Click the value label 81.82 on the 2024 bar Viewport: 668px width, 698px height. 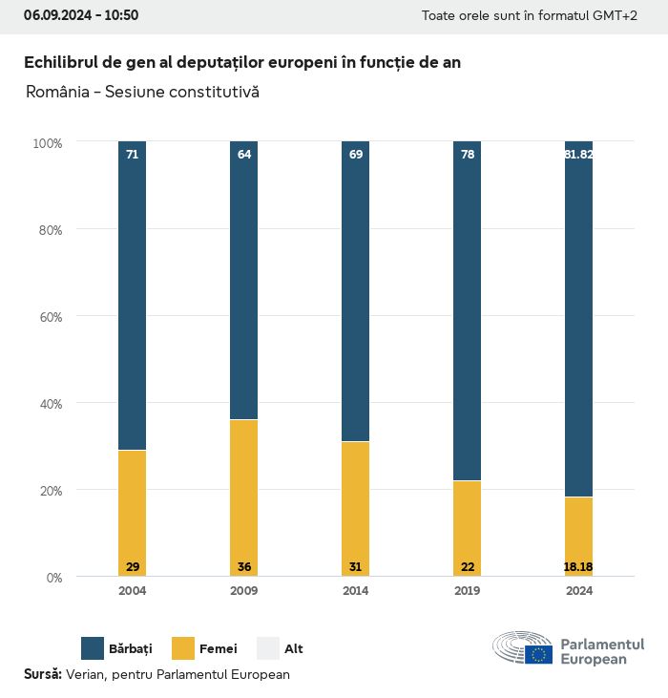578,154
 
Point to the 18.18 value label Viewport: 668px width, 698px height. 578,567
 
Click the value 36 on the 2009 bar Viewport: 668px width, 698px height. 243,567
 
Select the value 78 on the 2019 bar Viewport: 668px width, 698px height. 467,154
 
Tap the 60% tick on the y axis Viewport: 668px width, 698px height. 48,316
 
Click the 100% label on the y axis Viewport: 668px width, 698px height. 47,143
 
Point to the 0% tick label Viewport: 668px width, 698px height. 53,578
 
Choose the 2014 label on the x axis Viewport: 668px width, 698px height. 355,591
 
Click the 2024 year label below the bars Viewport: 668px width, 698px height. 578,591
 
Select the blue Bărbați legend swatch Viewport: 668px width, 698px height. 93,648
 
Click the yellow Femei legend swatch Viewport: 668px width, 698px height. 183,648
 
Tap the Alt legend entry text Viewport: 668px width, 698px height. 294,649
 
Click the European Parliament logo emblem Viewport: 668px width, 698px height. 523,648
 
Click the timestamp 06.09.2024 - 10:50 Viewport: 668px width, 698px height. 81,15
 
